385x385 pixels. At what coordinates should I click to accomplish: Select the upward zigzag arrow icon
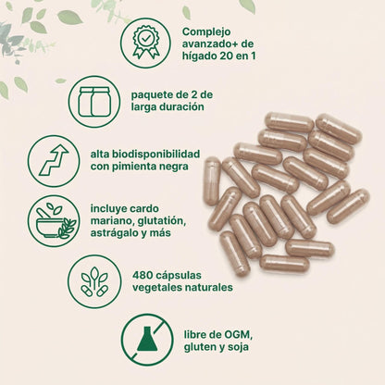pos(53,160)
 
